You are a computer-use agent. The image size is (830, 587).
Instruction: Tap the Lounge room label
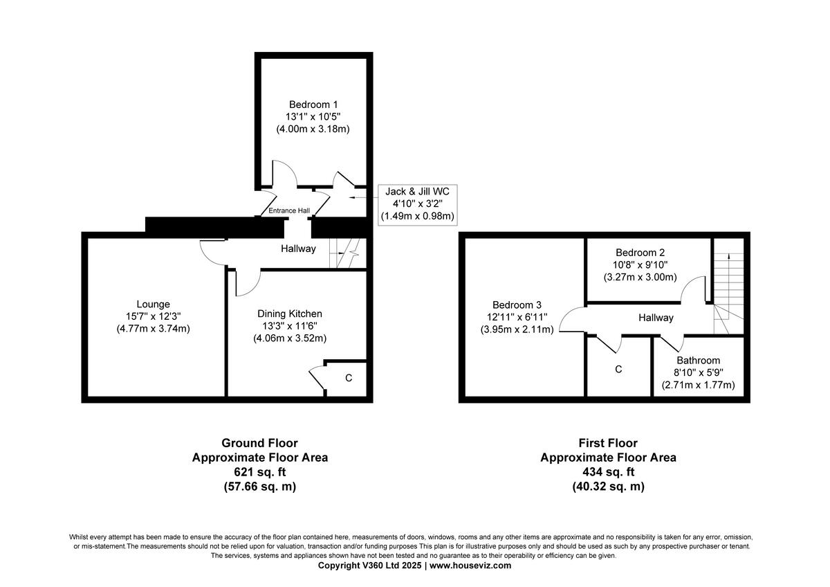(153, 304)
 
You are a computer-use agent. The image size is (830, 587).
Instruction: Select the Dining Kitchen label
(290, 314)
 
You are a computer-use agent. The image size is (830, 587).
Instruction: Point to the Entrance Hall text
(289, 210)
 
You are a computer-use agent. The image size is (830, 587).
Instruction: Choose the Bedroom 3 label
(517, 305)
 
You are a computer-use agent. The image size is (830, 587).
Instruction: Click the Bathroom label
(698, 360)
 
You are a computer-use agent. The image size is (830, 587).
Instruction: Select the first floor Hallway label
(656, 318)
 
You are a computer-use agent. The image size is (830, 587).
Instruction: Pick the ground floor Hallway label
(298, 249)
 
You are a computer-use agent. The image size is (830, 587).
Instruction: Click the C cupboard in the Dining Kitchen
(349, 378)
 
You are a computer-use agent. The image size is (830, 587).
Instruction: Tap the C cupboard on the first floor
(618, 370)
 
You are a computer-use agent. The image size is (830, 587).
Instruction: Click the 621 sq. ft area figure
(259, 472)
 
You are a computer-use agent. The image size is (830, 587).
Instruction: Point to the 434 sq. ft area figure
(608, 472)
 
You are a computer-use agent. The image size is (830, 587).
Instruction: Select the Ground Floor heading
(259, 443)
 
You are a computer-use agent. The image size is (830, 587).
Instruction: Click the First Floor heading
(608, 443)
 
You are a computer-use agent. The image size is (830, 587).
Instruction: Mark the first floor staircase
(728, 284)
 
